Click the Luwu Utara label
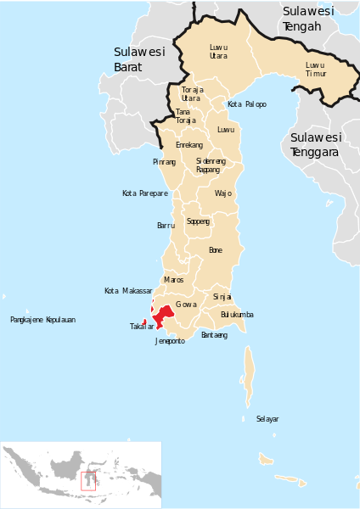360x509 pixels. point(219,51)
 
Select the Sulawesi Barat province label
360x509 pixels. point(139,59)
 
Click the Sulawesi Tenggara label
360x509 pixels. point(315,144)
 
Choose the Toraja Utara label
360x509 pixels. point(192,93)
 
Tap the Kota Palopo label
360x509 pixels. point(247,104)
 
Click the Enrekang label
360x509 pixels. point(188,145)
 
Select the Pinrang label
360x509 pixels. point(165,161)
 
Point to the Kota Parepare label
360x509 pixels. point(145,193)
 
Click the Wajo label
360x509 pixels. point(222,193)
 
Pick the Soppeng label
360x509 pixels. point(198,221)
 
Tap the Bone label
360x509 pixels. point(216,250)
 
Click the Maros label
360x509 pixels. point(173,279)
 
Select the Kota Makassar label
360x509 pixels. point(128,291)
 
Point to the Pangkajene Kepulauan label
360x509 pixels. point(42,320)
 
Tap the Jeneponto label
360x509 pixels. point(170,341)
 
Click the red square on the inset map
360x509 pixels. point(87,480)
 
